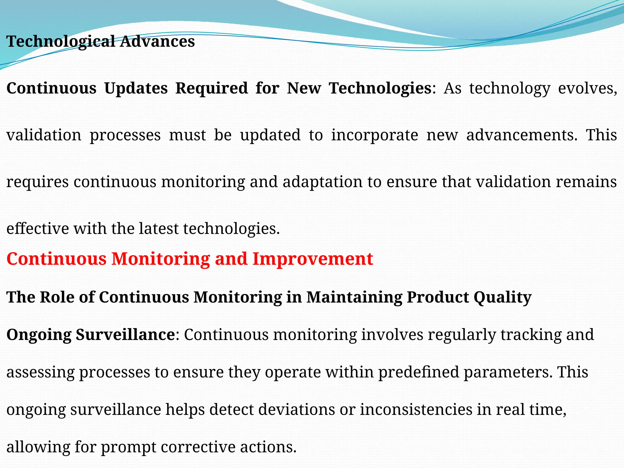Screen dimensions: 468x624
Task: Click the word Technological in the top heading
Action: coord(61,42)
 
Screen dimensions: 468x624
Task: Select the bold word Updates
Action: coord(136,89)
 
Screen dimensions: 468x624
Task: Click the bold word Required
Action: coord(211,89)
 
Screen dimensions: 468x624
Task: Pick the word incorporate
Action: coord(375,135)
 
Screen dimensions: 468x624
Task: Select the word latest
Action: coord(158,229)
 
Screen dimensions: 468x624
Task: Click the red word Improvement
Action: coord(313,259)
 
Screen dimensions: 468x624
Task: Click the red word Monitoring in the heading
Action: coord(161,259)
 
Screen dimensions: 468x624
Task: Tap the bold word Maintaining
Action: coord(354,297)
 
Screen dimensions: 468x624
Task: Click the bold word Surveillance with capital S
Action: coord(125,335)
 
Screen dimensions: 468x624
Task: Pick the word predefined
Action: coord(418,372)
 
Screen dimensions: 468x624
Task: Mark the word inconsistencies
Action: coord(416,409)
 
